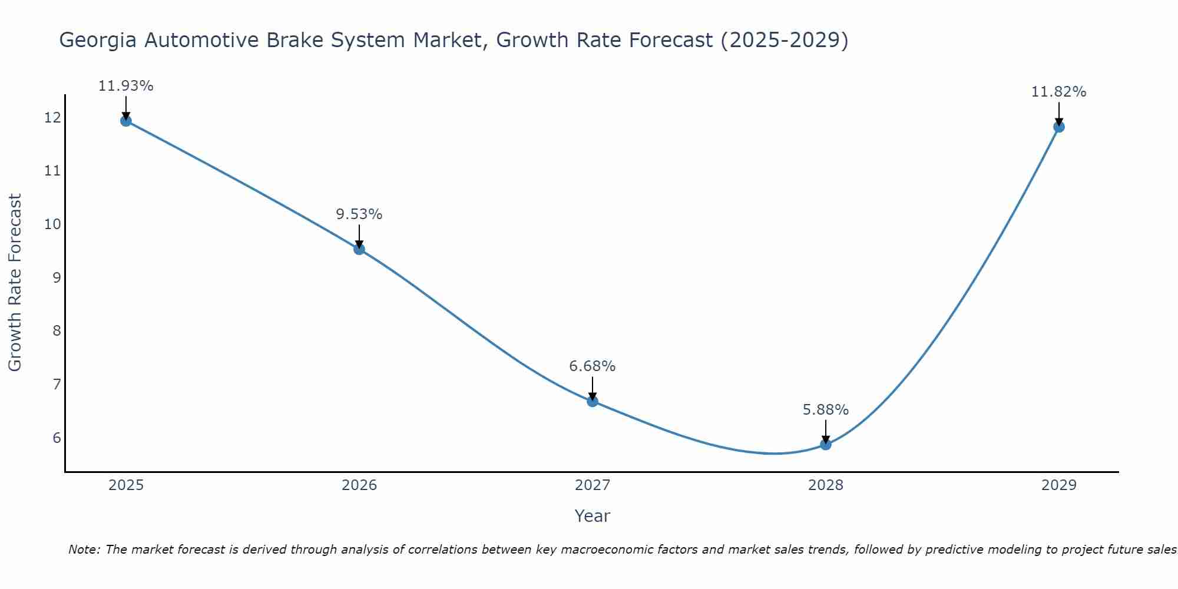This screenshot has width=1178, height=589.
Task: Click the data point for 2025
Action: (126, 121)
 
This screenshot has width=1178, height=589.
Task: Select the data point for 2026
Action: (359, 249)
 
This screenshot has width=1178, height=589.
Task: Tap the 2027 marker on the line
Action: (593, 401)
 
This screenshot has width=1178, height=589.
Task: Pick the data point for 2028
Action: (826, 444)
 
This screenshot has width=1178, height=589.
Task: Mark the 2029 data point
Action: (1058, 127)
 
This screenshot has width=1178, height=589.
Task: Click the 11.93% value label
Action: (126, 86)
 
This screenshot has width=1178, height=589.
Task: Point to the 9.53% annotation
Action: (359, 214)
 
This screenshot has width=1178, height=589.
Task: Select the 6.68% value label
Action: (593, 366)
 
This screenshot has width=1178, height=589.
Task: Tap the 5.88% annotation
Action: (826, 410)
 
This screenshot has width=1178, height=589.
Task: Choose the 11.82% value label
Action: (1058, 92)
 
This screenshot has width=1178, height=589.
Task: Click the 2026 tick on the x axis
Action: (359, 485)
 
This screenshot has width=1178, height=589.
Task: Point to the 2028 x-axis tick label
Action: (826, 485)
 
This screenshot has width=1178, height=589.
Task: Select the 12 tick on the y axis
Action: (52, 118)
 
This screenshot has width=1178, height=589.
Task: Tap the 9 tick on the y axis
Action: (57, 277)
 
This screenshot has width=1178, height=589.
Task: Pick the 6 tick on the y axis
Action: (57, 438)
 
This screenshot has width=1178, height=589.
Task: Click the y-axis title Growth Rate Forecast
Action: (15, 282)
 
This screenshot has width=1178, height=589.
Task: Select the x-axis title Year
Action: (593, 516)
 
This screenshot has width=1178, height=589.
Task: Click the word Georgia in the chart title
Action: (98, 41)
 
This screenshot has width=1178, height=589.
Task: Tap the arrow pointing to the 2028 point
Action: (826, 432)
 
